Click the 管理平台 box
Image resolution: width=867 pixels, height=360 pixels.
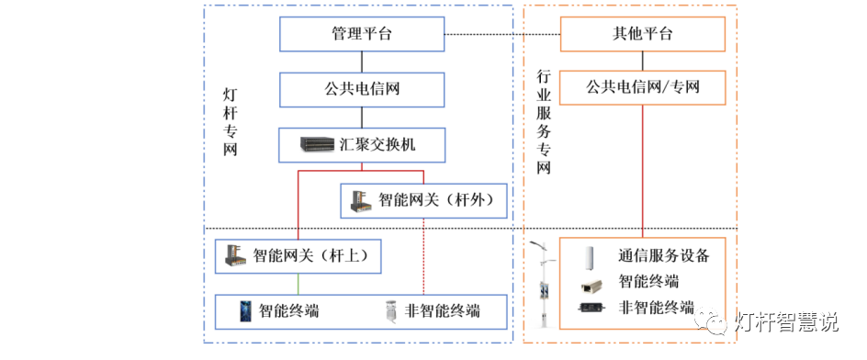[362, 35]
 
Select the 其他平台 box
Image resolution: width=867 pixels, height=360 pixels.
[642, 35]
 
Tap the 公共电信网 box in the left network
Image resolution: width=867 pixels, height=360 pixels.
[362, 89]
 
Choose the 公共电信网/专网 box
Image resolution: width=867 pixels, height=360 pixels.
[642, 89]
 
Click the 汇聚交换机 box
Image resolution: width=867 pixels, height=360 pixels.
[362, 144]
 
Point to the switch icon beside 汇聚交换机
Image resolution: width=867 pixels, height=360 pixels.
[318, 144]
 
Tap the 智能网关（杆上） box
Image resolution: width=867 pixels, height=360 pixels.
[298, 256]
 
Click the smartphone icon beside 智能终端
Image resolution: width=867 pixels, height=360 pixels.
[245, 310]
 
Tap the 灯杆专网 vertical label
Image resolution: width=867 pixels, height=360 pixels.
[231, 121]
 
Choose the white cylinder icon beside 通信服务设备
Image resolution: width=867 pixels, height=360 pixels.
[591, 255]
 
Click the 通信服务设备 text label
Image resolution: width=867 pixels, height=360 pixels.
[663, 255]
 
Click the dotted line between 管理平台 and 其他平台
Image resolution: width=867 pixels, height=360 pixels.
[502, 35]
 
